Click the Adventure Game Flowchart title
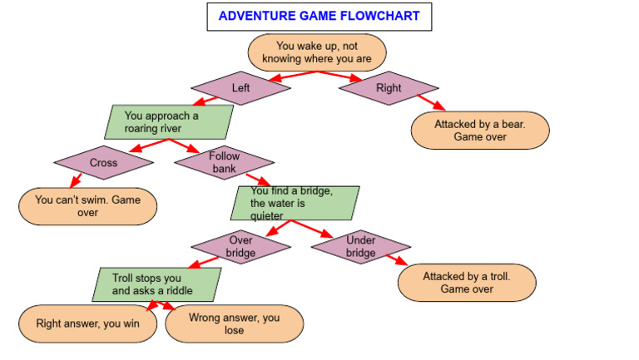pyautogui.click(x=319, y=16)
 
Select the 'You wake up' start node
pyautogui.click(x=317, y=52)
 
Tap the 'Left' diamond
pyautogui.click(x=241, y=88)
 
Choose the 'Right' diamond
pyautogui.click(x=389, y=88)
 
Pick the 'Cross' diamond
pyautogui.click(x=104, y=163)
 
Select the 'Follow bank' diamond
pyautogui.click(x=224, y=162)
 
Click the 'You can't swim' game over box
pyautogui.click(x=88, y=205)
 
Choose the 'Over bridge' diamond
pyautogui.click(x=240, y=246)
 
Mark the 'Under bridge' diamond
pyautogui.click(x=361, y=246)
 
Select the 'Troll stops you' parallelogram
pyautogui.click(x=158, y=284)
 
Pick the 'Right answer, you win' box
pyautogui.click(x=88, y=324)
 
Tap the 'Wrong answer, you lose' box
pyautogui.click(x=234, y=323)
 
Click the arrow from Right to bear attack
pyautogui.click(x=431, y=102)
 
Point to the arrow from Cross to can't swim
pyautogui.click(x=76, y=180)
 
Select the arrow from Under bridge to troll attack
pyautogui.click(x=395, y=259)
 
